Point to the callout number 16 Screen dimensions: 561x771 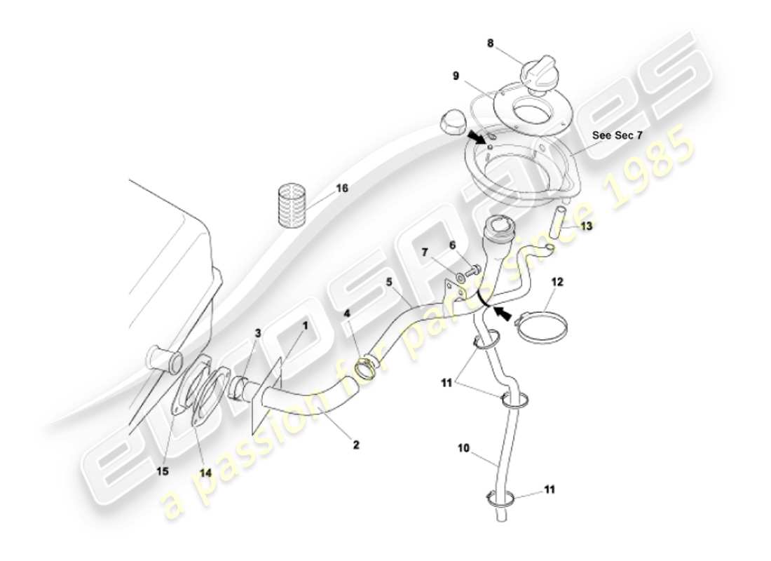pos(342,189)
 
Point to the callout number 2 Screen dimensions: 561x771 pos(356,444)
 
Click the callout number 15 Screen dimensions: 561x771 pos(163,471)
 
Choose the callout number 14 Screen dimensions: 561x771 pos(205,473)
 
